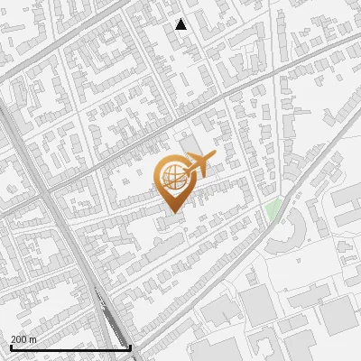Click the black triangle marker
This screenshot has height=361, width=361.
pos(181,24)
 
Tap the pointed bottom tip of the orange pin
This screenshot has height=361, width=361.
pos(171,213)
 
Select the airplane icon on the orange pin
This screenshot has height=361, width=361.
pos(195,165)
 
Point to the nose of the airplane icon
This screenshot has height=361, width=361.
pos(214,157)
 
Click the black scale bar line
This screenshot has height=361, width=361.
pos(70,347)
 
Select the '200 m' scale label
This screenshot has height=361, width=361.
pos(23,339)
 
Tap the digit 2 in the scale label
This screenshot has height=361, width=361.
pos(14,339)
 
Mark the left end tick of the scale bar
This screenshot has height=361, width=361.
pos(11,346)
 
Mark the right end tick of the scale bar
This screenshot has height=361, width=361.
pos(130,346)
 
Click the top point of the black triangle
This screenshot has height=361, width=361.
pos(181,19)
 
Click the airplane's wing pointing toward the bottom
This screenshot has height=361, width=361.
pos(196,174)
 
